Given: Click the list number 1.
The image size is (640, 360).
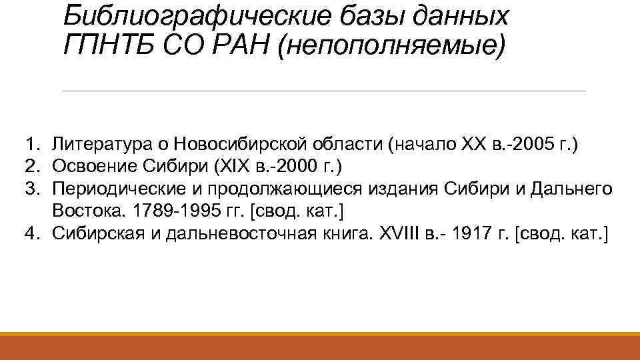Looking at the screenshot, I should coord(31,143).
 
